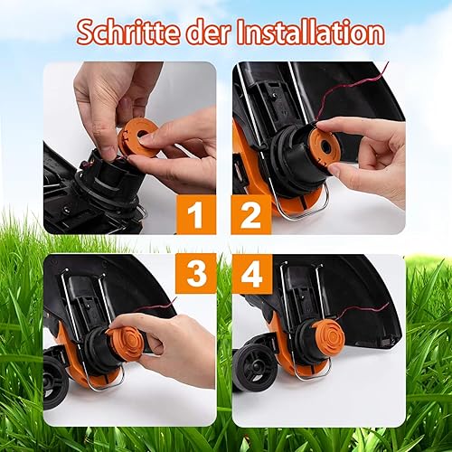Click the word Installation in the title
[311, 33]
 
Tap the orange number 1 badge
[196, 214]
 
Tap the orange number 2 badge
[251, 214]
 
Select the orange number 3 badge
[196, 273]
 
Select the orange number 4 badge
[252, 273]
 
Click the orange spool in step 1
[137, 137]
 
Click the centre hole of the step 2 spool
[326, 147]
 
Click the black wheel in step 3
[56, 382]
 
